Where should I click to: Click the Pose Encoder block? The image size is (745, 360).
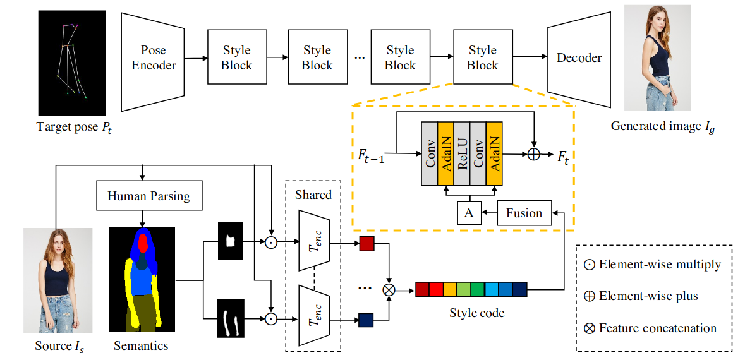(x=154, y=58)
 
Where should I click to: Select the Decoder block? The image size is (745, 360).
(x=579, y=58)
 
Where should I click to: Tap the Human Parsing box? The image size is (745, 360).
(x=148, y=196)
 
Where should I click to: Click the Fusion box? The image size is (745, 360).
(x=524, y=213)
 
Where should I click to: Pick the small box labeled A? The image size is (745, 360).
(x=468, y=213)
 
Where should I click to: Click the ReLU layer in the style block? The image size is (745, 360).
(x=462, y=153)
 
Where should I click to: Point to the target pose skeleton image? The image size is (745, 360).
(x=70, y=63)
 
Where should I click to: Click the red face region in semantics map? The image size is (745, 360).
(x=143, y=243)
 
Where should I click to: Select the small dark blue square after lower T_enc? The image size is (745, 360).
(x=366, y=320)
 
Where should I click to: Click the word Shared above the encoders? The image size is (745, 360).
(x=313, y=195)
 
